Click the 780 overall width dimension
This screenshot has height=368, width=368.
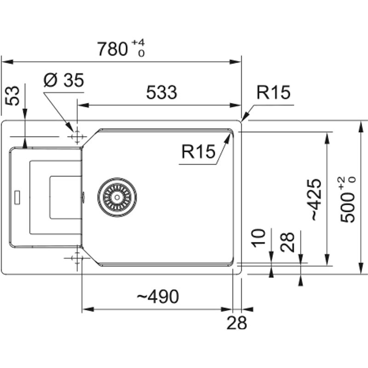coord(112,48)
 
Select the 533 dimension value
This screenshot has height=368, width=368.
coord(161,93)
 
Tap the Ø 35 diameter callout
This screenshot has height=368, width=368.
coord(64,81)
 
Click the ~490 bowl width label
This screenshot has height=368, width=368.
coord(157,298)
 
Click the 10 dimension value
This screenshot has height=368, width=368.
coord(259,237)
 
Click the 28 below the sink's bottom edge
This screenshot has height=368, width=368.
coord(236,323)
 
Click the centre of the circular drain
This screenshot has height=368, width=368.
coord(117,197)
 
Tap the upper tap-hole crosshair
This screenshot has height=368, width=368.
coord(76,137)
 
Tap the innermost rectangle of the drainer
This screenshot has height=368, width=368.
coord(65,197)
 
